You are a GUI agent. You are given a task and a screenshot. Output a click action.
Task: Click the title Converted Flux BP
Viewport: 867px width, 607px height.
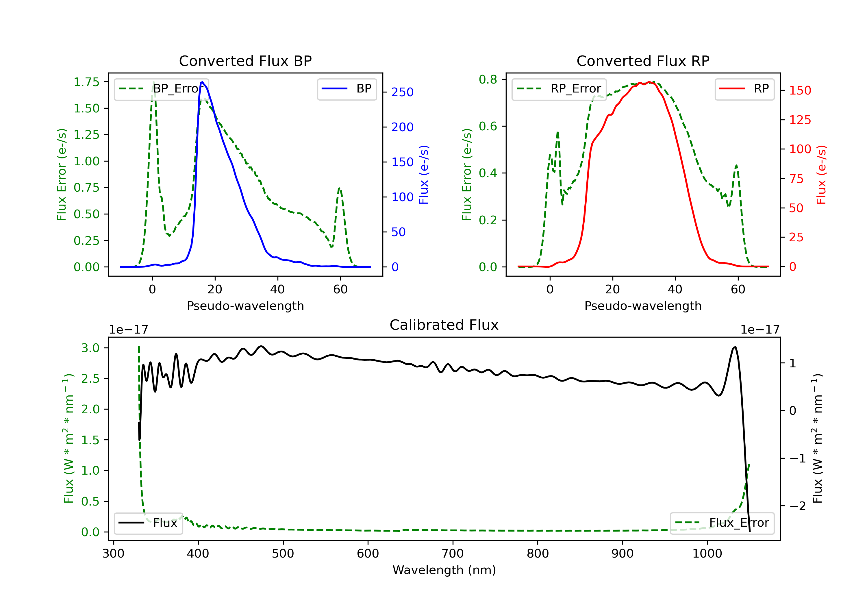click(x=245, y=61)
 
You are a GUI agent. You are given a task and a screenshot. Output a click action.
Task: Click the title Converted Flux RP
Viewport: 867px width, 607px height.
click(x=643, y=61)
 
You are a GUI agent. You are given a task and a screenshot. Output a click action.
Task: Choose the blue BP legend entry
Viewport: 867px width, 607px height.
click(x=347, y=89)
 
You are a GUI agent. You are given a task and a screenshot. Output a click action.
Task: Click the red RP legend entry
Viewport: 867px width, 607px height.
click(x=744, y=89)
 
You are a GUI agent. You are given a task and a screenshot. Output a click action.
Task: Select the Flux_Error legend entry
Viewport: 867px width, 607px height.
click(x=722, y=523)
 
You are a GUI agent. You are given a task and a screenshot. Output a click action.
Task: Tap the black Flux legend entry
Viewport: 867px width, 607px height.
click(x=148, y=523)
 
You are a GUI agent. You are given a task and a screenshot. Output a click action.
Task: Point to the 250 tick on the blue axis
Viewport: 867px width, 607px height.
click(x=402, y=92)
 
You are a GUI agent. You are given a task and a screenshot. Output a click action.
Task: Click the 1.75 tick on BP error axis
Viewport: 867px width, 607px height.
click(x=86, y=82)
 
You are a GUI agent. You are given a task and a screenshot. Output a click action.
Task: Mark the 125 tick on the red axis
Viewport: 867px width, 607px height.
click(x=800, y=120)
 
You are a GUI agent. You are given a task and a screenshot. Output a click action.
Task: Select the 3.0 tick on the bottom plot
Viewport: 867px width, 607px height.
click(x=90, y=348)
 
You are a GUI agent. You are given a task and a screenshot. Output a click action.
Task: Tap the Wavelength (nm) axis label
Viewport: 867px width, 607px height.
click(x=444, y=570)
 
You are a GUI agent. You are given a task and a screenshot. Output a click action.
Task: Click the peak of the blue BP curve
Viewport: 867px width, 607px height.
click(x=202, y=82)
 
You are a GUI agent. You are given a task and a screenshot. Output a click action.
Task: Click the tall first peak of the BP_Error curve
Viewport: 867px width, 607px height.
click(x=153, y=82)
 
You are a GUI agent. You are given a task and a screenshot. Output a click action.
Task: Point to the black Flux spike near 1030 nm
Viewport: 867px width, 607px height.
click(x=734, y=347)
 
